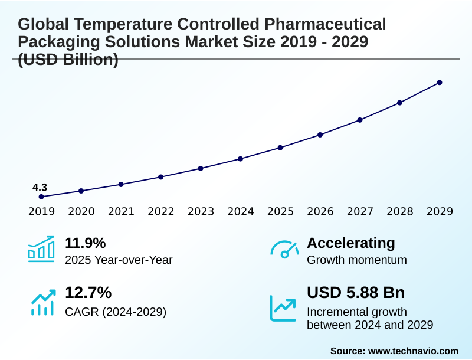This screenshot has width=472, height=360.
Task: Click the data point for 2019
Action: [41, 197]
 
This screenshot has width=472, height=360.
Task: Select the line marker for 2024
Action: [241, 159]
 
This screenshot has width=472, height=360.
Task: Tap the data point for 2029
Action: [440, 83]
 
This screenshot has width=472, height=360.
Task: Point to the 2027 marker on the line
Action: [360, 120]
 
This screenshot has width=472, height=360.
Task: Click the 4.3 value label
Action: [40, 188]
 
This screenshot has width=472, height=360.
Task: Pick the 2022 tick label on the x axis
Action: [160, 211]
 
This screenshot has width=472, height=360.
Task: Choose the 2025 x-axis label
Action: [280, 211]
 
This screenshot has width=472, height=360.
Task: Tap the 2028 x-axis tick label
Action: [400, 211]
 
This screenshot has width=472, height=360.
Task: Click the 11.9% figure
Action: [85, 243]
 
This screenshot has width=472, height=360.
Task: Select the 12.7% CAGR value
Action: [88, 293]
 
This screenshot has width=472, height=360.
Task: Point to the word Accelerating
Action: [351, 243]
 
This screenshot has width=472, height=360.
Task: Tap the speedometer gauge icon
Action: [284, 250]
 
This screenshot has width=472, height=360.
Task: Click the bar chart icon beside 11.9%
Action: [41, 249]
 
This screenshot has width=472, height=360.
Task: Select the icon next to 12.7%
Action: [42, 302]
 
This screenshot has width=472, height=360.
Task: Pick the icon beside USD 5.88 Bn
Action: [283, 308]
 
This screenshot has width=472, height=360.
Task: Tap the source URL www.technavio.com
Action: [413, 351]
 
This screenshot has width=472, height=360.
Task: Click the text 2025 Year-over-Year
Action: [119, 260]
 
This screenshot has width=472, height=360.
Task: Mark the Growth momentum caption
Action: [357, 260]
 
